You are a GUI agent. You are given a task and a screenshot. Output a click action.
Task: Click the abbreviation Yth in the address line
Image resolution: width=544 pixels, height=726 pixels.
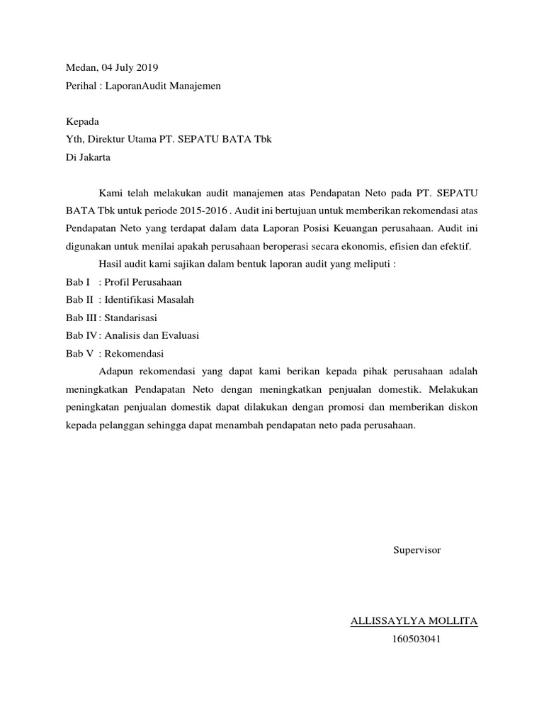74,140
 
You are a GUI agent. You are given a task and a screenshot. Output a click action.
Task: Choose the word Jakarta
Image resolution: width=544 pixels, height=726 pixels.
93,157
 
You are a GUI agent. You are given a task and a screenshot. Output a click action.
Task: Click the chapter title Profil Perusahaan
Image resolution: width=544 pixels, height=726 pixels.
142,281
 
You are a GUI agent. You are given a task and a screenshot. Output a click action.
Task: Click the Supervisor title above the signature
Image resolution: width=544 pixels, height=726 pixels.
417,550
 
